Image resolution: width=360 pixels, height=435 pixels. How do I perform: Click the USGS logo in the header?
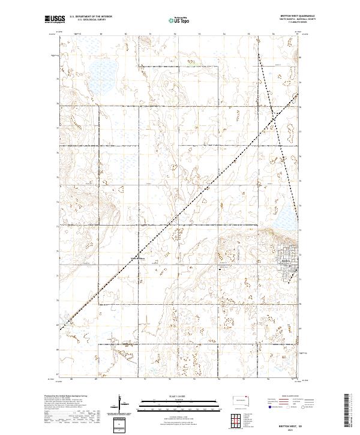[x=55, y=20]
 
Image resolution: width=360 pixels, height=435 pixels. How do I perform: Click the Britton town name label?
[x=286, y=260]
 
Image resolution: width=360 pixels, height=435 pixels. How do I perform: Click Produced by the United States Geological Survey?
[x=65, y=397]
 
